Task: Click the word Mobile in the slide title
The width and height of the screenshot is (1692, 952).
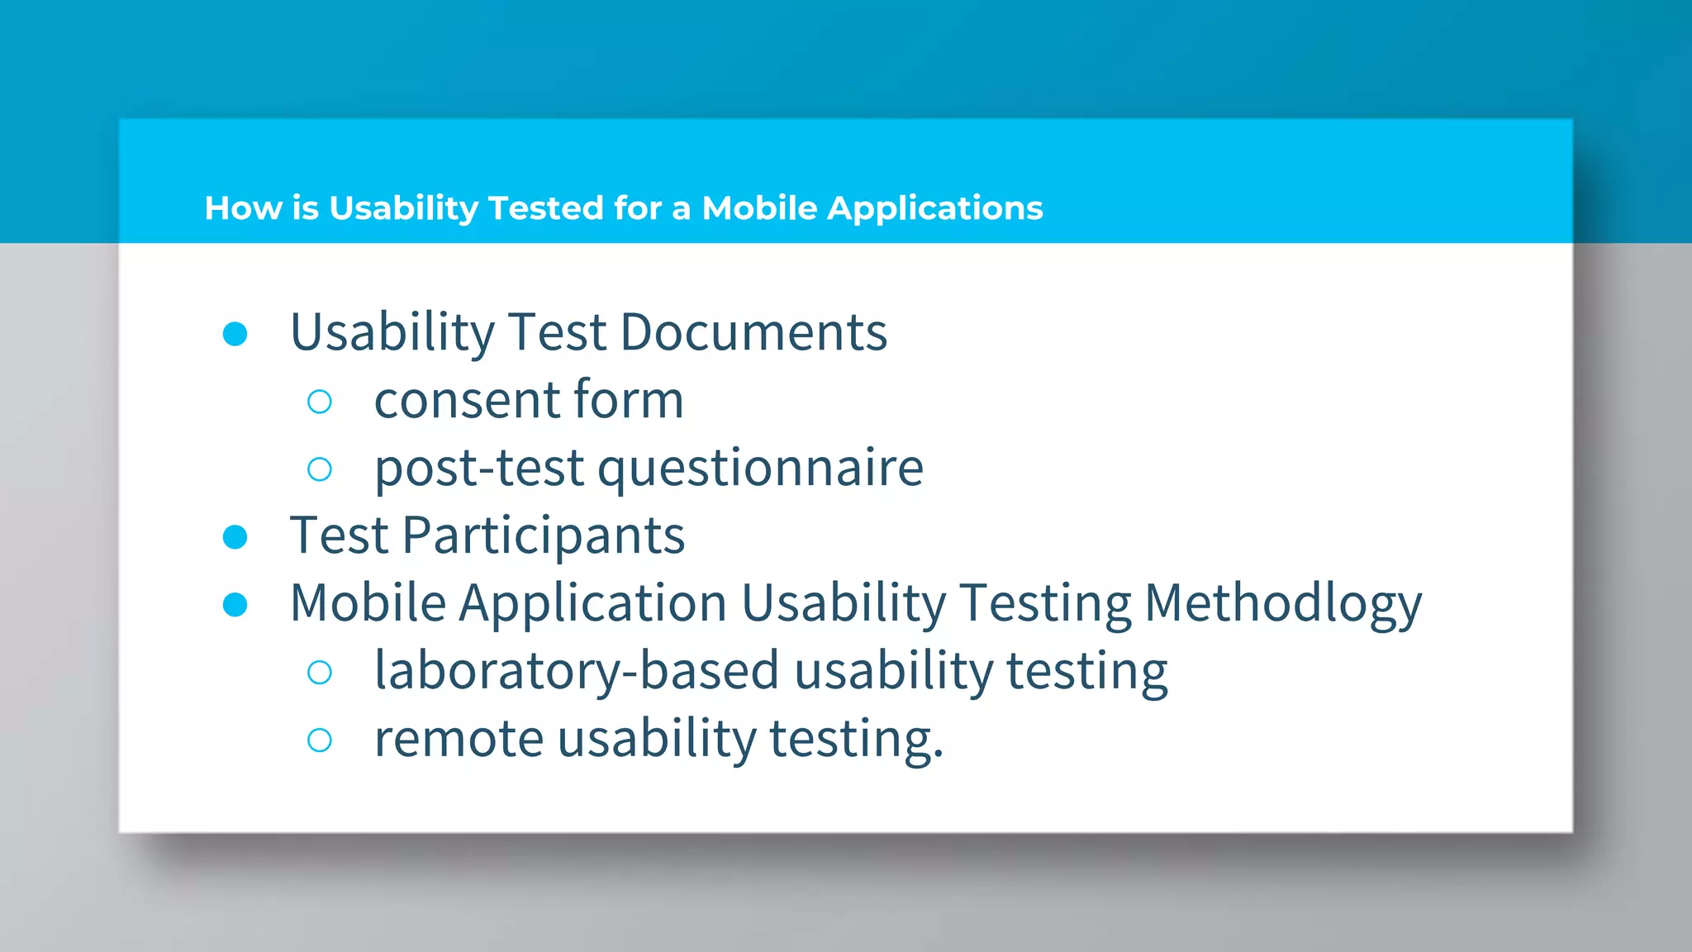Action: (759, 208)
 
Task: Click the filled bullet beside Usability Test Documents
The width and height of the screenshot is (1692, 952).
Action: (235, 334)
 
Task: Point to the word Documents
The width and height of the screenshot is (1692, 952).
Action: (753, 332)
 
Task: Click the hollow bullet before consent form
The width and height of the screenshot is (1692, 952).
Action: (320, 402)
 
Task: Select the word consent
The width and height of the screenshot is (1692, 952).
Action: (467, 401)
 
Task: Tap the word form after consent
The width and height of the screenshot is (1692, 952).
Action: (629, 399)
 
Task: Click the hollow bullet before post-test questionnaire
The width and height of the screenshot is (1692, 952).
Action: (320, 469)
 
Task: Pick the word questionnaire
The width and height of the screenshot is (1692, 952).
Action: (760, 469)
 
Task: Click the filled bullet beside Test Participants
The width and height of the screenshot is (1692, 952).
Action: (235, 537)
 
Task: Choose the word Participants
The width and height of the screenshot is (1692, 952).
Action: (544, 535)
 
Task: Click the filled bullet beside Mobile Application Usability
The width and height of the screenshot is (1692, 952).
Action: (235, 605)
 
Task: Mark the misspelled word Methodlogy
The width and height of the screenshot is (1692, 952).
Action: (1283, 603)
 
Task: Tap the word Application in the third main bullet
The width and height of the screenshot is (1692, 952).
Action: (592, 603)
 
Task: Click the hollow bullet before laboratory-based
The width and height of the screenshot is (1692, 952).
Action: (320, 673)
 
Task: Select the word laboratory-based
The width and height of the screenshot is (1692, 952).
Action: (577, 670)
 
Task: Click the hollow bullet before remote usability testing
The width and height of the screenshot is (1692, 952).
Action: (320, 740)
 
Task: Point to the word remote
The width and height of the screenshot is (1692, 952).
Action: (459, 739)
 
